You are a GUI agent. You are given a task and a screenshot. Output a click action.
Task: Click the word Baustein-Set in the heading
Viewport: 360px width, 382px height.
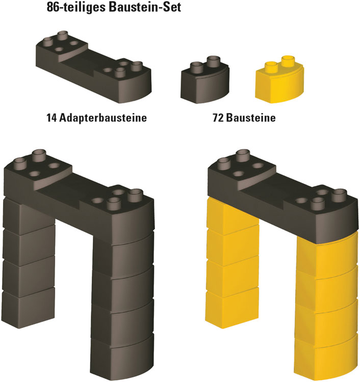tap(145, 7)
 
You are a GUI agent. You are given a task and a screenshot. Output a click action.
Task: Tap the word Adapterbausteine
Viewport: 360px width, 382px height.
tap(103, 118)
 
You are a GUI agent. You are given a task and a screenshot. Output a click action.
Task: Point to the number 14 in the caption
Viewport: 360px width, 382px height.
tap(52, 118)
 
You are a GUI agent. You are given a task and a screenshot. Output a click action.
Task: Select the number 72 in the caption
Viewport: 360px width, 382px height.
tap(218, 118)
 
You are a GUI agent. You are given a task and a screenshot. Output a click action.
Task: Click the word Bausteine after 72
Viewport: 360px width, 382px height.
tap(251, 118)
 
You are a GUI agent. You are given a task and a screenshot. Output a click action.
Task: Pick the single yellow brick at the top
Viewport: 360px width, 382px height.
tap(279, 79)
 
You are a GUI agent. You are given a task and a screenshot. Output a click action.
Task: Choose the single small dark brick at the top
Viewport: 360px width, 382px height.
tap(205, 79)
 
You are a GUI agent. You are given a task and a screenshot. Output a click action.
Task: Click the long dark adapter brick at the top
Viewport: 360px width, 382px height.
tap(94, 67)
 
